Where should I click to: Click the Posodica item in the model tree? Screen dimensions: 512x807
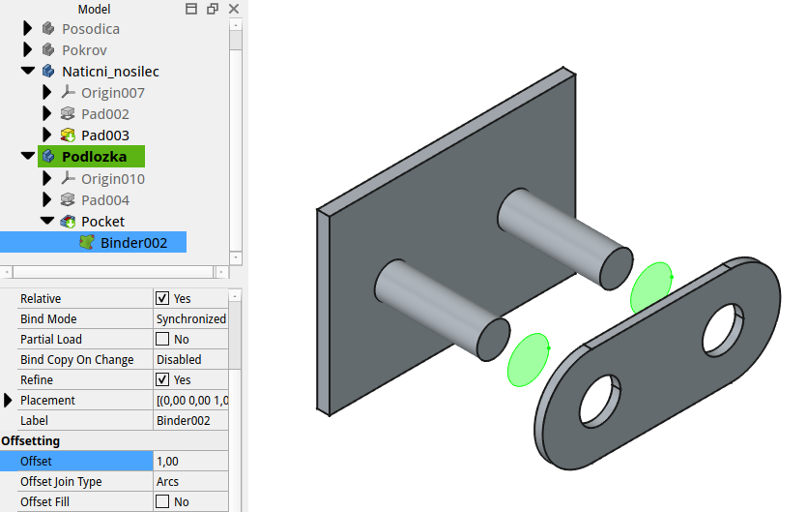[x=91, y=29]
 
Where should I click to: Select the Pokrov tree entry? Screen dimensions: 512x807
[x=84, y=50]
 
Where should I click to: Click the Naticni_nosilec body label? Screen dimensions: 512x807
[x=110, y=72]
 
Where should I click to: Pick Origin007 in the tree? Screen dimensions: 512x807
[x=112, y=93]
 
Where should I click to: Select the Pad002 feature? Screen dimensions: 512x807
[x=104, y=114]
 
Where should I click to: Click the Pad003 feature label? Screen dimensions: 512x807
[x=104, y=136]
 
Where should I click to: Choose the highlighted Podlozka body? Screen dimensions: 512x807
[x=94, y=157]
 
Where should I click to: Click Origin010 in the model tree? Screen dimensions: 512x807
[x=112, y=179]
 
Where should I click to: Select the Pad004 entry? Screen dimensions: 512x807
[x=104, y=200]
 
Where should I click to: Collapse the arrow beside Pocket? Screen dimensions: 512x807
[x=46, y=222]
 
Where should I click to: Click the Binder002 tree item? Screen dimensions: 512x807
[x=133, y=243]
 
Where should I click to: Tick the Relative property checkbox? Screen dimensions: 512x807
[x=162, y=299]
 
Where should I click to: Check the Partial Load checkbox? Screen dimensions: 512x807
[x=162, y=340]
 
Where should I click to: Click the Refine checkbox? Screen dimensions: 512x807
[x=162, y=380]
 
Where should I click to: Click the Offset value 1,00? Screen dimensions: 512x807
[x=190, y=462]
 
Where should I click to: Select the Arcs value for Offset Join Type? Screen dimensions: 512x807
[x=190, y=482]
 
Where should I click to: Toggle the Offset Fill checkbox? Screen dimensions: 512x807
[x=162, y=502]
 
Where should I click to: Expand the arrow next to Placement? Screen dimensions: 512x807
[x=9, y=401]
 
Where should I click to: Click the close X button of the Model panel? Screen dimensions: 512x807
[x=234, y=9]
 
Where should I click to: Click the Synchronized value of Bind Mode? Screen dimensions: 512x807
[x=190, y=319]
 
